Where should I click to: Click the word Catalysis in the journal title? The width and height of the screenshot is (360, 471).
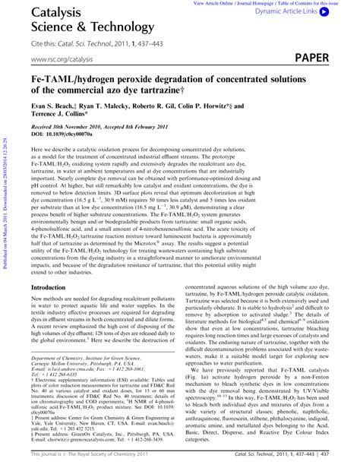tap(51, 13)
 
